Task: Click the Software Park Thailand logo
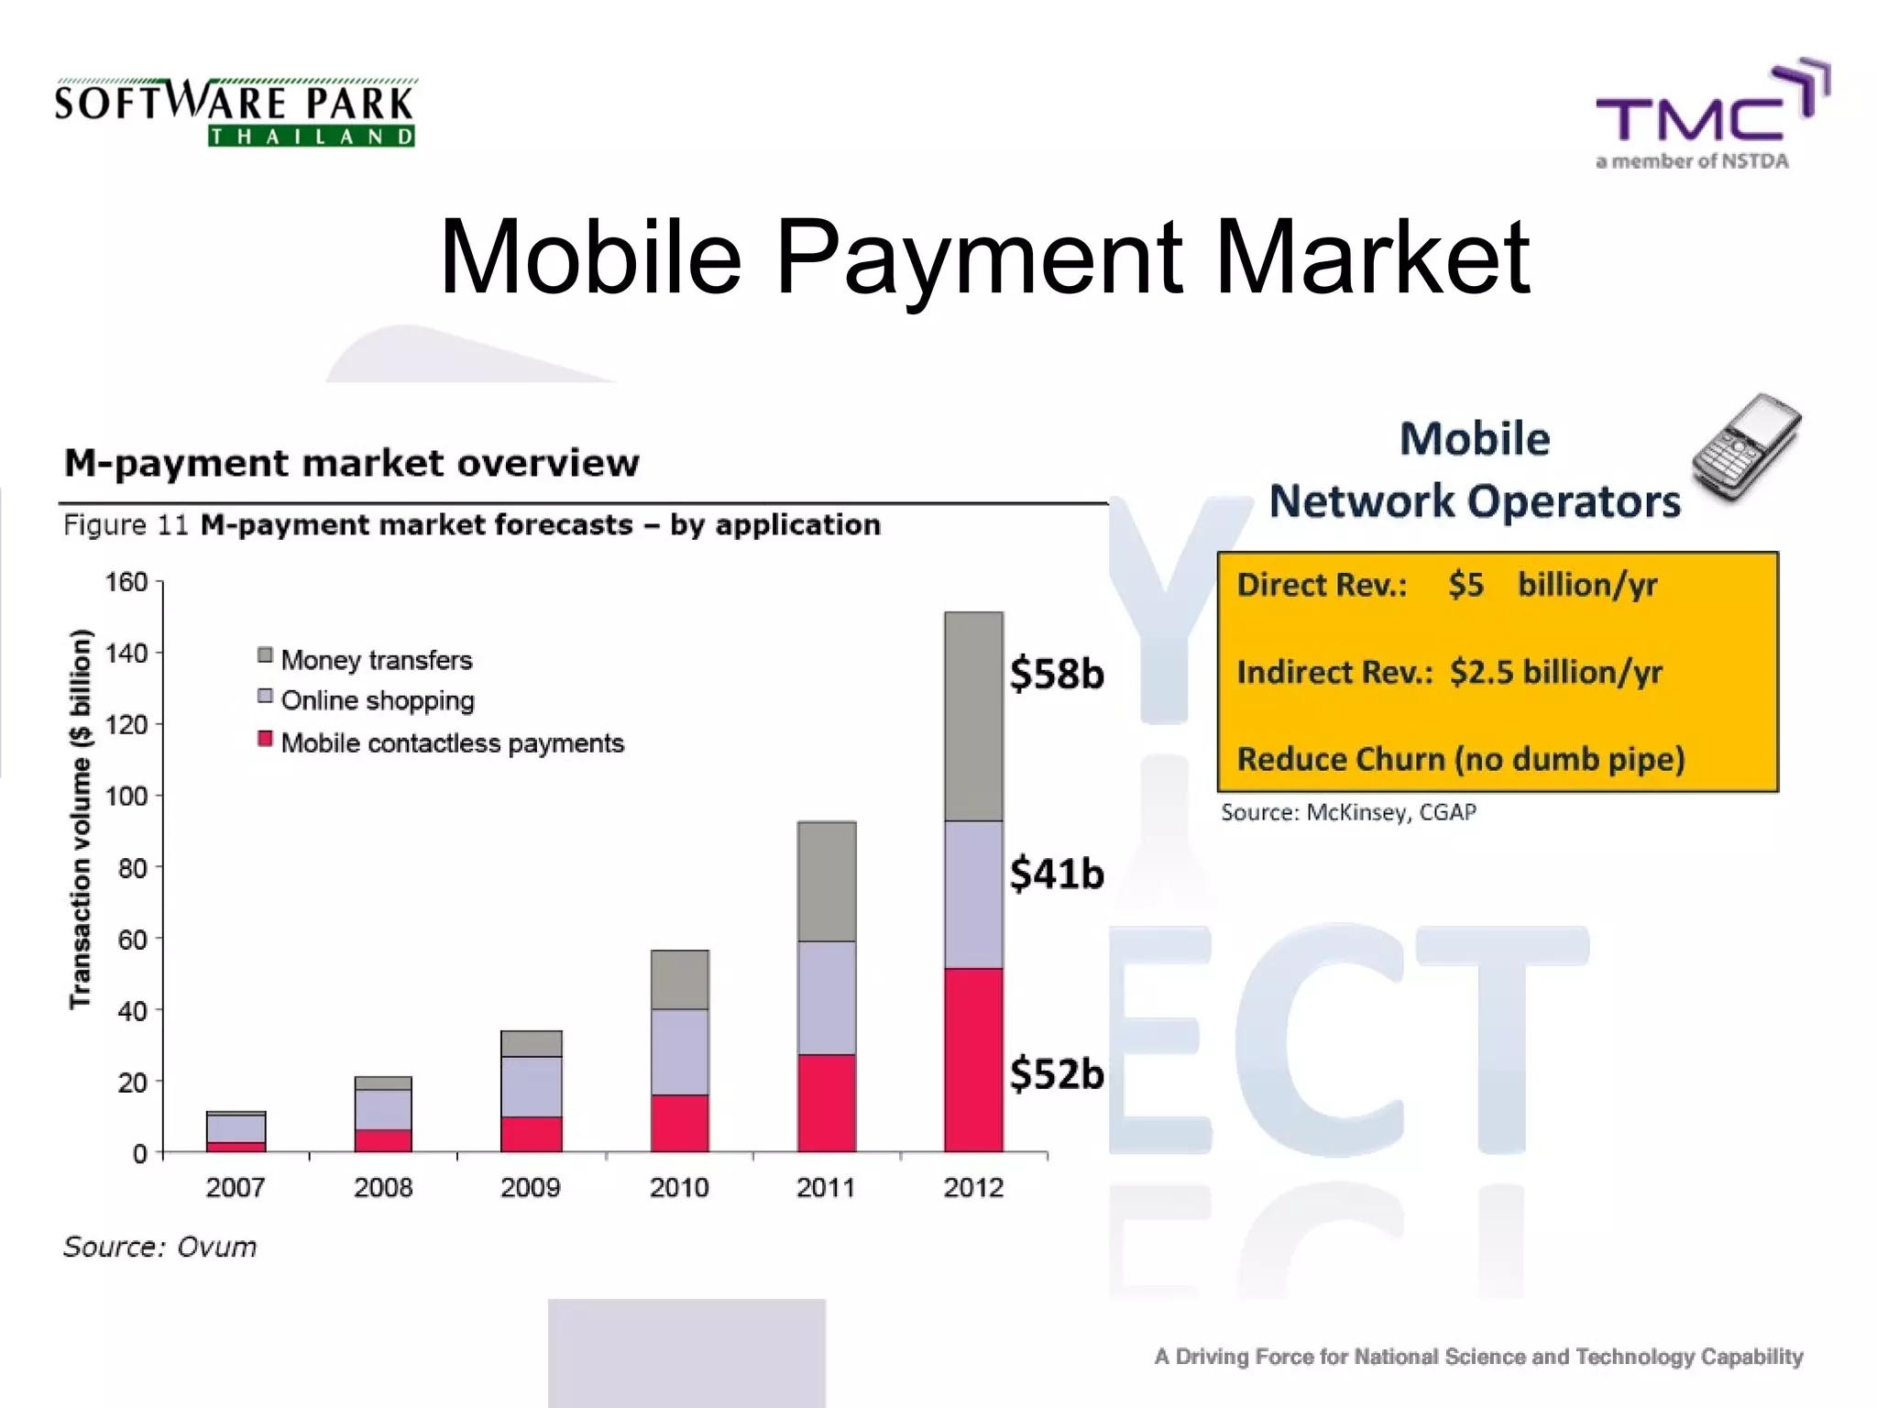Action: click(235, 113)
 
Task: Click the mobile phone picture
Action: click(1746, 447)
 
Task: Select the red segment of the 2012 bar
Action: click(973, 1059)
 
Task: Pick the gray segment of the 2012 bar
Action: click(973, 716)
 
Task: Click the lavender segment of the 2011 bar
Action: click(827, 997)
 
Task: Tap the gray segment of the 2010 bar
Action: click(679, 979)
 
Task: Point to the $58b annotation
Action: click(1057, 674)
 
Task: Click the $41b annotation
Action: click(1057, 873)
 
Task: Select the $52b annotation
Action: click(1057, 1073)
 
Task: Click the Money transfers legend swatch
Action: click(266, 654)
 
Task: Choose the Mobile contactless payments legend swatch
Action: click(266, 739)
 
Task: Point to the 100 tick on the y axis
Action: click(126, 796)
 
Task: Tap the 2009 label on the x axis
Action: click(530, 1188)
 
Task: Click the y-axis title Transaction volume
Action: click(81, 819)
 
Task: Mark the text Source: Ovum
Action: click(160, 1247)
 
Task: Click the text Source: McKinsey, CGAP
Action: click(1348, 812)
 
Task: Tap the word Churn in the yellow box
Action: click(1399, 759)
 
